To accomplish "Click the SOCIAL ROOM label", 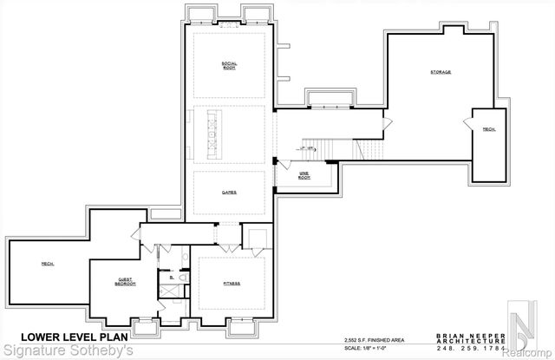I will [x=230, y=65].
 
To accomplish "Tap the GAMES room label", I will [x=230, y=192].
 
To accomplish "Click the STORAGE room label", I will [x=441, y=72].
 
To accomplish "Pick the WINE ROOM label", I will [x=304, y=175].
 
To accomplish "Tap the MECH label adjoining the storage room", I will [x=489, y=130].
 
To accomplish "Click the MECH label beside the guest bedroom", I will [x=48, y=264].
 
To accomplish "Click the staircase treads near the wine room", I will [x=326, y=149].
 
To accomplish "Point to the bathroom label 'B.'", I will [x=172, y=278].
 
